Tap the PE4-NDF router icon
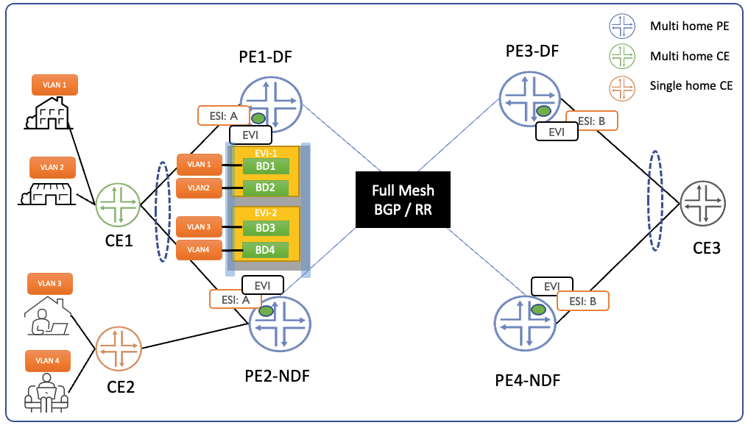tap(524, 321)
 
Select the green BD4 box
tap(266, 250)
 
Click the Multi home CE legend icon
tap(623, 56)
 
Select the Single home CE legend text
tap(691, 85)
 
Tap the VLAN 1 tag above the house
tap(54, 85)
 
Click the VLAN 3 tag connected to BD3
tap(199, 227)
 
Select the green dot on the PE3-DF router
tap(543, 110)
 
